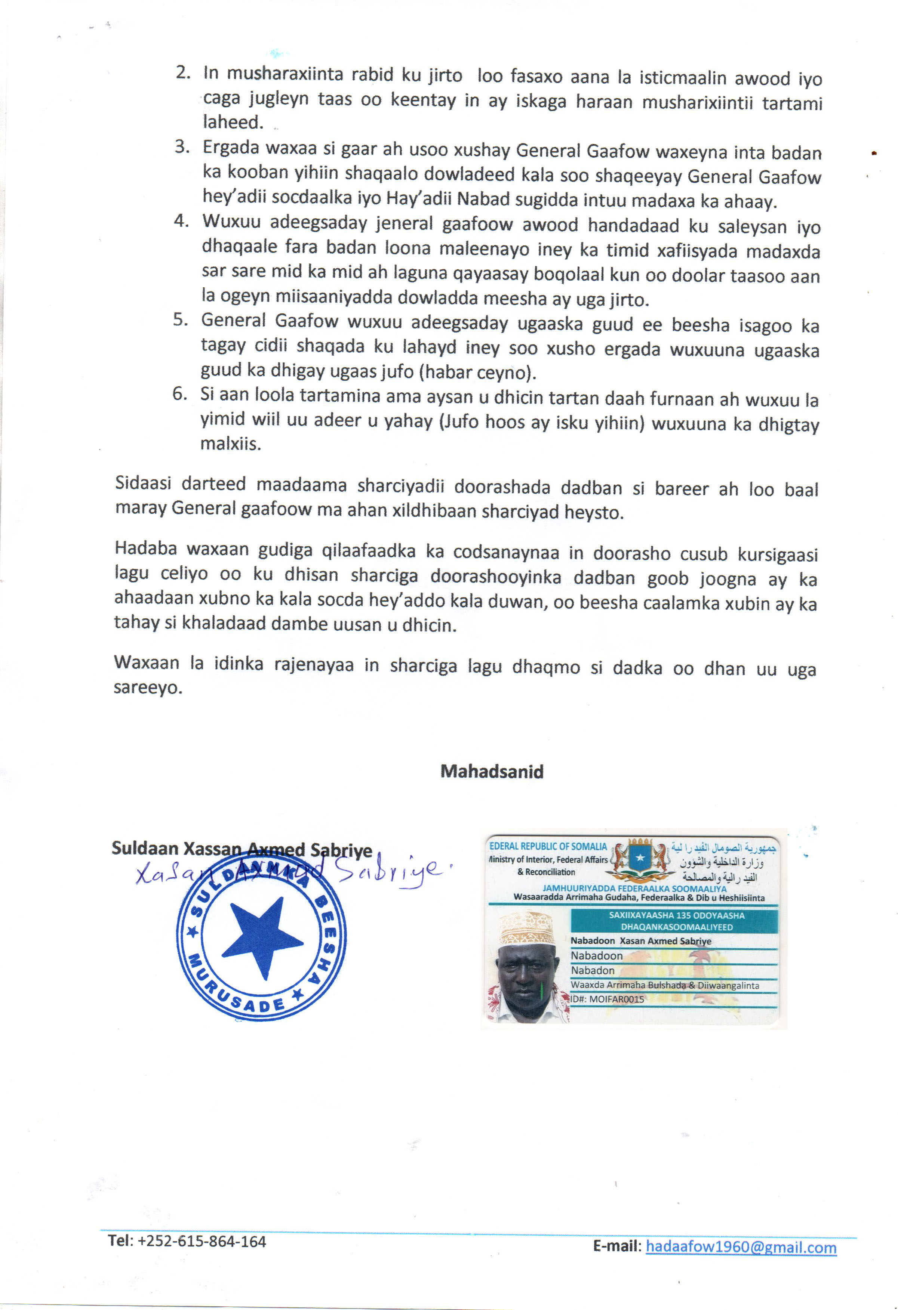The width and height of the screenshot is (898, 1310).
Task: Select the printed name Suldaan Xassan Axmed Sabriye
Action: [242, 849]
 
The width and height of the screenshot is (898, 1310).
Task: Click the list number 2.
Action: [183, 73]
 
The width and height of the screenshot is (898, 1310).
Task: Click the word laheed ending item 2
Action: [233, 122]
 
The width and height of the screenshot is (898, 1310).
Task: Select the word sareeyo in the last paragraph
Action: [148, 688]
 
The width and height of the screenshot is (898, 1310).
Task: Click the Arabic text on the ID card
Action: [722, 862]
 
